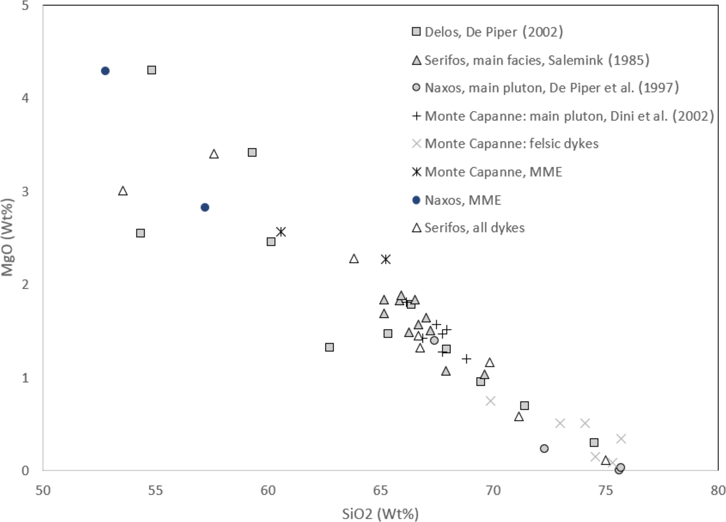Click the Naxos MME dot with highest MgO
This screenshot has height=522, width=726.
[x=105, y=71]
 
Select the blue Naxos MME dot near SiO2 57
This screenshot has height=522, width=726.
[x=205, y=207]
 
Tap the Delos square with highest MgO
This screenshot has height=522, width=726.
[x=151, y=70]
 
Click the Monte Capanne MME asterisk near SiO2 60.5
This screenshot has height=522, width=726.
[x=281, y=232]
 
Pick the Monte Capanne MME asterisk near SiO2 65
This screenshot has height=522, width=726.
[x=386, y=259]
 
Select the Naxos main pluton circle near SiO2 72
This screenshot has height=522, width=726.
[x=544, y=448]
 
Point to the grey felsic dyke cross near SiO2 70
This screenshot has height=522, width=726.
[x=490, y=401]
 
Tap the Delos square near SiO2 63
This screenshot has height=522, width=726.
[x=329, y=347]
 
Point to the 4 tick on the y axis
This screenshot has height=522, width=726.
[x=25, y=98]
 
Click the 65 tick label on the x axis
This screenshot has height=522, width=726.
[x=380, y=490]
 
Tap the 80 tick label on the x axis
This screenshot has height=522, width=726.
[x=718, y=490]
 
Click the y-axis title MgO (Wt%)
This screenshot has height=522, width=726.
[x=7, y=237]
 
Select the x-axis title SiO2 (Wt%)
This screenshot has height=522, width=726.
[x=380, y=514]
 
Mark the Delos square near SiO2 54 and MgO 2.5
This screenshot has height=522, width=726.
[x=140, y=233]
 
